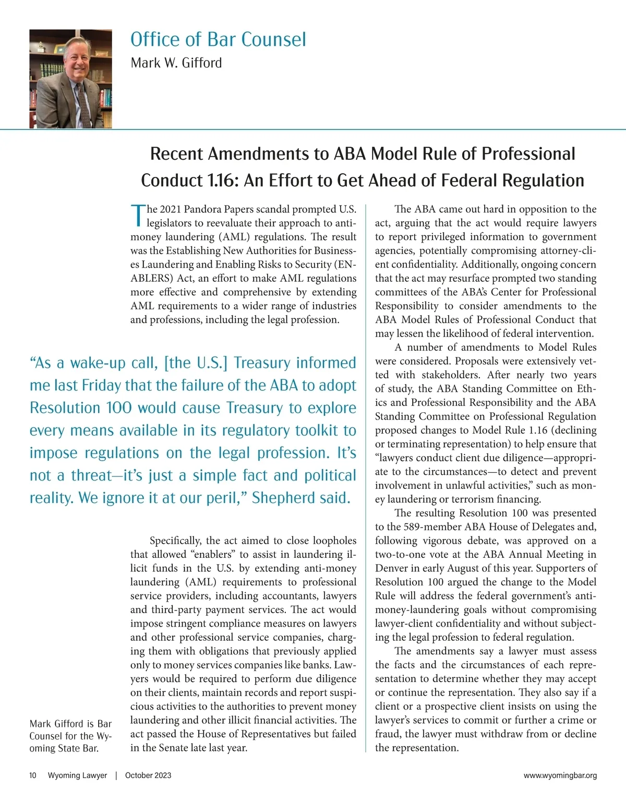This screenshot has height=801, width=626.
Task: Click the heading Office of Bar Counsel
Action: (218, 40)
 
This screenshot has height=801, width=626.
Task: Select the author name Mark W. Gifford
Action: (176, 63)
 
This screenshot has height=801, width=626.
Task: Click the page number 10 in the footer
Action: (33, 775)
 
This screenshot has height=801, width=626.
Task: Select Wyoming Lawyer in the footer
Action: (77, 775)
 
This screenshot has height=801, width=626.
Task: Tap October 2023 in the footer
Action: (148, 775)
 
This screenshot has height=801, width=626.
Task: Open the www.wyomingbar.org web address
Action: (560, 775)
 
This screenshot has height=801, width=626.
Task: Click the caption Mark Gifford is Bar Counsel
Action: (70, 736)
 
